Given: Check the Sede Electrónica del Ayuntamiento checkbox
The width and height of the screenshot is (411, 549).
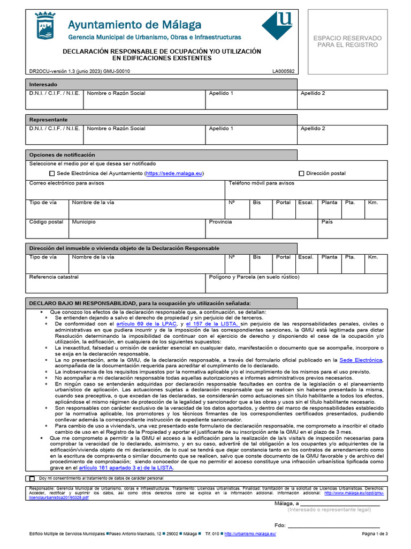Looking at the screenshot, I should [52, 174].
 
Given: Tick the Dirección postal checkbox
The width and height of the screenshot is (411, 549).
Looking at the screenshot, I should [301, 174].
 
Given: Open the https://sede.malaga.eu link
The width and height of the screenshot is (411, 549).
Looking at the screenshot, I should [174, 174].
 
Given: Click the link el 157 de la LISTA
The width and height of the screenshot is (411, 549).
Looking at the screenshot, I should [212, 324].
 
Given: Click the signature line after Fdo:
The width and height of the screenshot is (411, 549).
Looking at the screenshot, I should [334, 525].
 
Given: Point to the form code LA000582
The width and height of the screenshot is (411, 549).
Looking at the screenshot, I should [283, 71].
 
